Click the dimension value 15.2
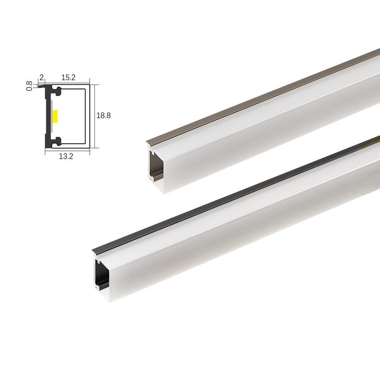[68, 78]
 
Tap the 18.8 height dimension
[103, 116]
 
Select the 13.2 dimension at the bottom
[66, 157]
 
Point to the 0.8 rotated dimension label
[29, 86]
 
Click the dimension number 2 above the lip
[41, 78]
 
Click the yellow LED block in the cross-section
[55, 116]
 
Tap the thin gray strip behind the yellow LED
[51, 116]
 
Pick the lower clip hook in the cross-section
[57, 141]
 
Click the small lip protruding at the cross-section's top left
[42, 86]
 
